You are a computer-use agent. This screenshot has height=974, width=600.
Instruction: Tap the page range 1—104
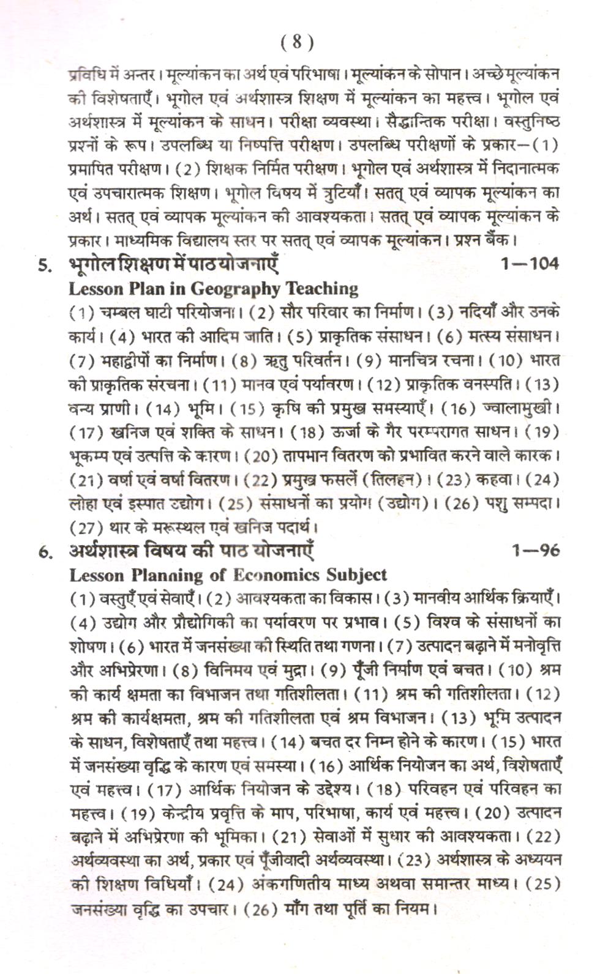(x=529, y=264)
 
